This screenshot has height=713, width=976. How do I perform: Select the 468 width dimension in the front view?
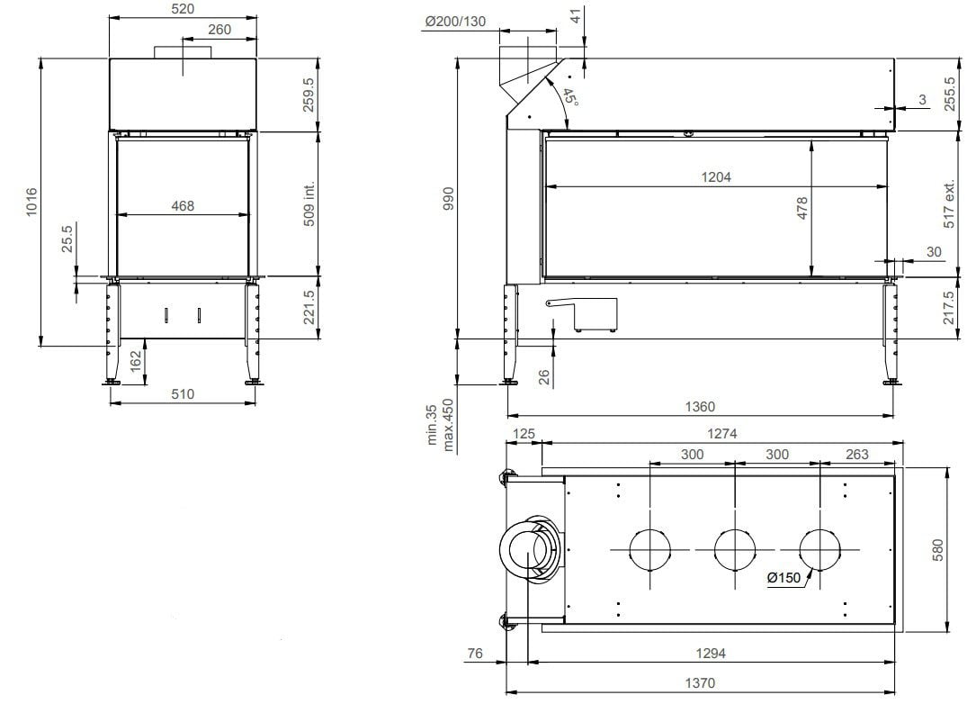click(x=183, y=206)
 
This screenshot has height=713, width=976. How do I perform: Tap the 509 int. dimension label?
click(x=309, y=203)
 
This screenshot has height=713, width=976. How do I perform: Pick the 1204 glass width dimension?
click(x=716, y=177)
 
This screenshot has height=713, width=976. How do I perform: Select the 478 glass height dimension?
click(x=802, y=208)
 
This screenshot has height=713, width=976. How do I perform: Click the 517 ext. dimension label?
click(x=948, y=203)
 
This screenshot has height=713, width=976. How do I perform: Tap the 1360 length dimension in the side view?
click(x=700, y=407)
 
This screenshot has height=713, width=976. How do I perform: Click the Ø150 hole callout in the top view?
click(x=784, y=579)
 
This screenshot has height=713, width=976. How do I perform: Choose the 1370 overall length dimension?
click(x=699, y=683)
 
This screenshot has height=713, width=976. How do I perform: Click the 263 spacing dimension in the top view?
click(x=857, y=455)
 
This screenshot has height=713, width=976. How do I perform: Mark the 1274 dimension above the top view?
click(x=721, y=433)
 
